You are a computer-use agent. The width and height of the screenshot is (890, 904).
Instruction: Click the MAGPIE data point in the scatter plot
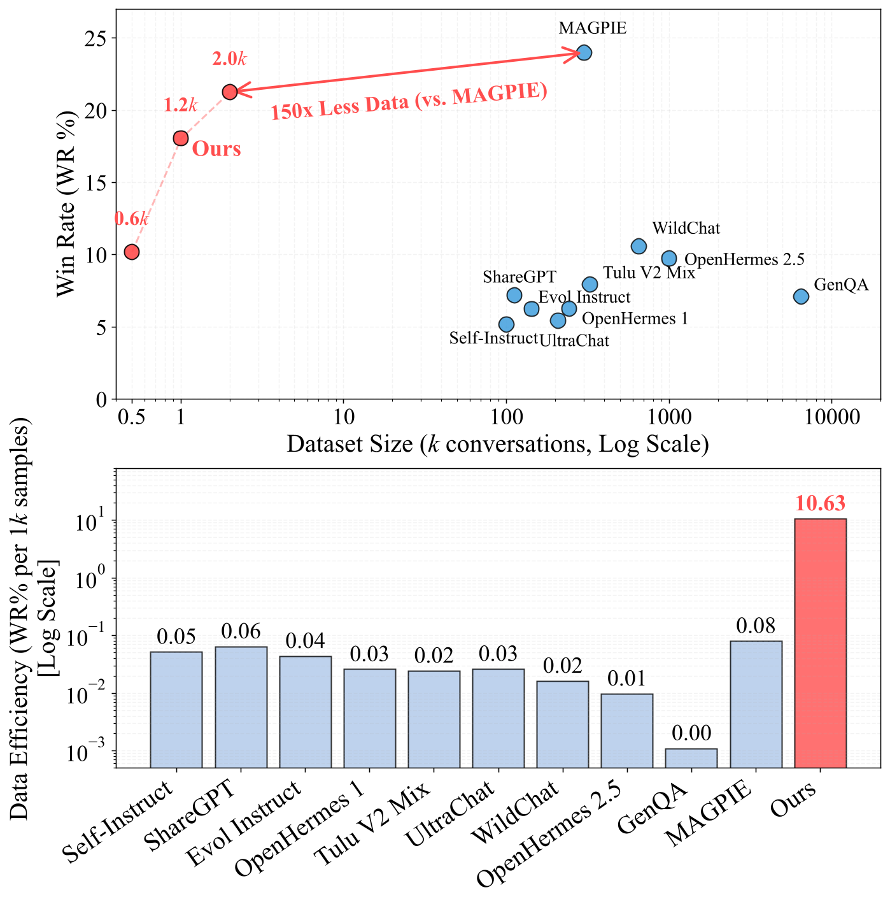click(584, 53)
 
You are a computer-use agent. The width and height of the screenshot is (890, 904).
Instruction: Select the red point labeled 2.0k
click(230, 92)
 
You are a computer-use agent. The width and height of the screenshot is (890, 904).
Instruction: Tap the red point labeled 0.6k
click(132, 252)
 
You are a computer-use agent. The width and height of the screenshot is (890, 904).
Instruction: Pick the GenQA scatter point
click(801, 296)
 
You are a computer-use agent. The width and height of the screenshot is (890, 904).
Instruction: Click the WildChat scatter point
click(639, 246)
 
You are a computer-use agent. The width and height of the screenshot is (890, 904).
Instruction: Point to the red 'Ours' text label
click(216, 149)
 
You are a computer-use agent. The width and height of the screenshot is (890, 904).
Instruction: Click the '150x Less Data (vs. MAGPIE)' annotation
click(409, 101)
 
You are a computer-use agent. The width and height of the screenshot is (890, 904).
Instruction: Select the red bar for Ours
click(820, 643)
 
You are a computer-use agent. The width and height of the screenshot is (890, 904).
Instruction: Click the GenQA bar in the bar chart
click(691, 758)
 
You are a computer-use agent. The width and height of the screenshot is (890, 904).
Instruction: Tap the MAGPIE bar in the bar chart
click(756, 704)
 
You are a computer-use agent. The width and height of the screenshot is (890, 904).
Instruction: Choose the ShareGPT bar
click(241, 707)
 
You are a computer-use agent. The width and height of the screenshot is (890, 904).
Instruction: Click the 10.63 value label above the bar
click(820, 504)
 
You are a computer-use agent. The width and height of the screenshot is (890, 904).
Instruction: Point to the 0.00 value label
click(691, 733)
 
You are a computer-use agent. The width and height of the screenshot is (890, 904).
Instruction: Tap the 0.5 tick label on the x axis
click(131, 418)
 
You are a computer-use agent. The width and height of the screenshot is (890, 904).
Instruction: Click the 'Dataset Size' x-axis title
click(497, 443)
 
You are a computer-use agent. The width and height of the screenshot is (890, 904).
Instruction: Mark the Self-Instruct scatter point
click(506, 324)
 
